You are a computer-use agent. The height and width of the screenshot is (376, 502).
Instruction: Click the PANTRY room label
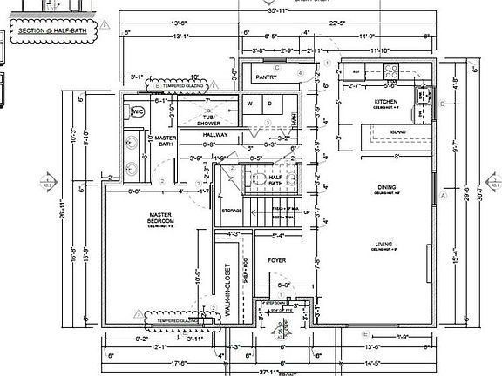[267, 77]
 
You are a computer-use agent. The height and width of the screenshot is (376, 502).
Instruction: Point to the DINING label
[386, 186]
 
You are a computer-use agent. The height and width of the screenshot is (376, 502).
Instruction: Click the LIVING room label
[384, 245]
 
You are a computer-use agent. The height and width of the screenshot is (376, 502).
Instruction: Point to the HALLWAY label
[215, 135]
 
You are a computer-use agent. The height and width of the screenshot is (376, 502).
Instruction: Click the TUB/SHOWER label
[208, 119]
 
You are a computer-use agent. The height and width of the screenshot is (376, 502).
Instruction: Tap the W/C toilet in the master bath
[138, 111]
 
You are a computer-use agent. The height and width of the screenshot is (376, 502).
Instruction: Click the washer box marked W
[249, 104]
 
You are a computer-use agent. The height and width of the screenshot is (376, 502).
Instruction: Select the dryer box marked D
[269, 104]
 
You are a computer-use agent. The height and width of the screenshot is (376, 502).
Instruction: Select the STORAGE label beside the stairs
[232, 211]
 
